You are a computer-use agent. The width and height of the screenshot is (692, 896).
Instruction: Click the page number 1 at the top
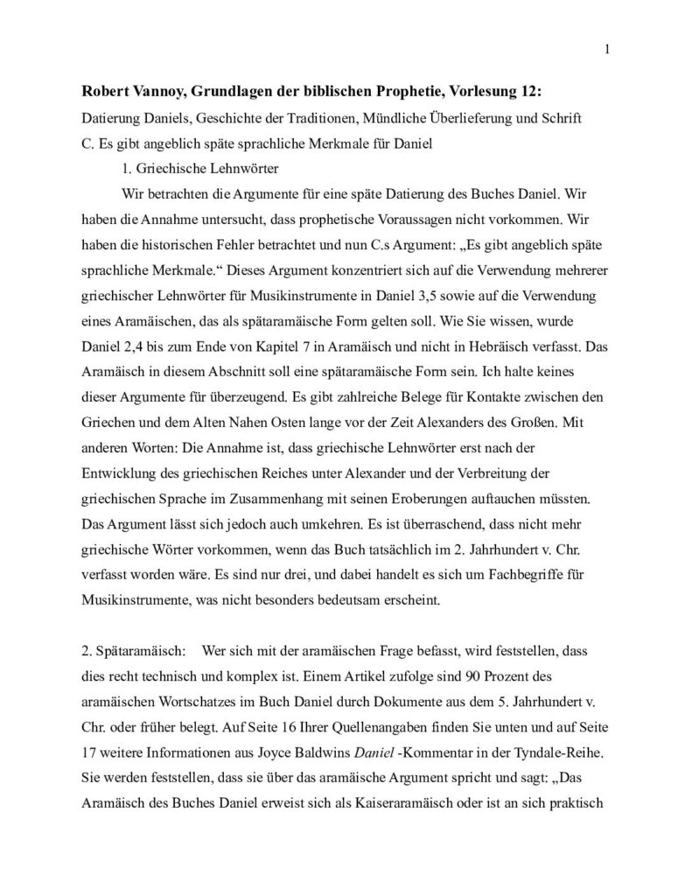tap(606, 49)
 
